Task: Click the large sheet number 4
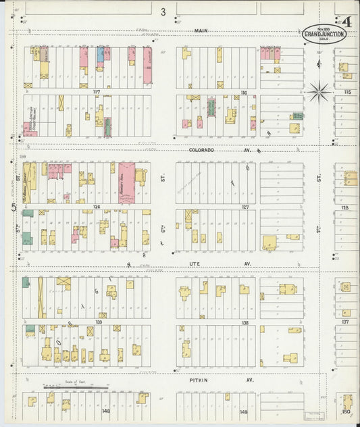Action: point(347,22)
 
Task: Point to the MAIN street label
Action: point(200,30)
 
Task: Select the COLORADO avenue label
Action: point(201,150)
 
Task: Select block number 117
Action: point(96,92)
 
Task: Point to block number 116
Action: point(243,92)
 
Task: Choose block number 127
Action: point(245,207)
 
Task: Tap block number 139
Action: point(99,322)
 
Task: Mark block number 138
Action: point(245,322)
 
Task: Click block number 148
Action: point(105,410)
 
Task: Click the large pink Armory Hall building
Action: point(126,182)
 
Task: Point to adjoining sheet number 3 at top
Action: point(163,11)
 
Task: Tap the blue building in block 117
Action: point(100,54)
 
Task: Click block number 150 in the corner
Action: point(346,411)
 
